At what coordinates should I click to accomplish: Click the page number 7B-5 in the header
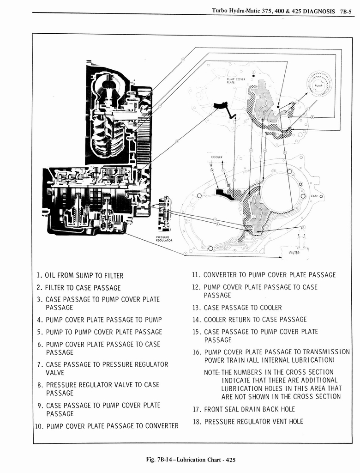[x=346, y=11]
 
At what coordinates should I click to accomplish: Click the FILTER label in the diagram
[x=294, y=253]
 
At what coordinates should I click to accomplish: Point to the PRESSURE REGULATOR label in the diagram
[x=164, y=239]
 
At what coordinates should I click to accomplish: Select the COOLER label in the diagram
[x=217, y=157]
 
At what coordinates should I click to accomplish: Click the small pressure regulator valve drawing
[x=164, y=214]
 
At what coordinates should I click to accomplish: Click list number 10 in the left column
[x=40, y=426]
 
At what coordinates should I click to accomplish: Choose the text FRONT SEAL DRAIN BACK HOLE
[x=249, y=409]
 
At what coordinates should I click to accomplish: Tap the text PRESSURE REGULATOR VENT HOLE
[x=253, y=421]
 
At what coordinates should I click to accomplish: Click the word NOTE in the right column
[x=211, y=372]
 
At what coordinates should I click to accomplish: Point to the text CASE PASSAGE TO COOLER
[x=242, y=308]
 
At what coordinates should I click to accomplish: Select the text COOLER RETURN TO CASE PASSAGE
[x=255, y=320]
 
